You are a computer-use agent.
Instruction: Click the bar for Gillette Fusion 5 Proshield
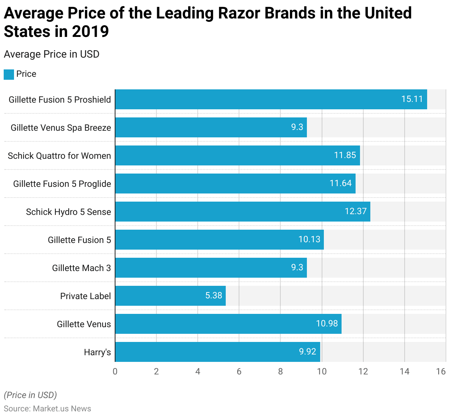click(271, 99)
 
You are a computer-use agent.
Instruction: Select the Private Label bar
click(170, 296)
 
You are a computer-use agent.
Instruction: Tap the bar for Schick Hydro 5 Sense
click(242, 212)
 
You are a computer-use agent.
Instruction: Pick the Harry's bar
click(217, 352)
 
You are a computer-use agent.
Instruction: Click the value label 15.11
click(412, 99)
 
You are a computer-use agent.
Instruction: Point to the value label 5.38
click(214, 296)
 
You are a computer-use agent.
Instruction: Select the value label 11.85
click(345, 155)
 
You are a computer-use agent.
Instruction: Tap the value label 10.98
click(327, 324)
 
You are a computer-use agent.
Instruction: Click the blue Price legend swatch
click(9, 74)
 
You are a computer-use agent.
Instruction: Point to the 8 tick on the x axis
click(280, 371)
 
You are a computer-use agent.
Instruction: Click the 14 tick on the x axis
click(405, 371)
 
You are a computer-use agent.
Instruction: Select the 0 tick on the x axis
click(115, 371)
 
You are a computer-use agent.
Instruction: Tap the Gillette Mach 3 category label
click(81, 268)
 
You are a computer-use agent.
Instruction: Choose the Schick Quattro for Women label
click(59, 156)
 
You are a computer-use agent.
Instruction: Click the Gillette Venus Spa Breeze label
click(61, 128)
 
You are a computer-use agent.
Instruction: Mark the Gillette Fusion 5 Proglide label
click(62, 184)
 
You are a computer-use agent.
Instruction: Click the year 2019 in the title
click(90, 32)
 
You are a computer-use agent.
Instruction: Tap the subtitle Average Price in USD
click(52, 54)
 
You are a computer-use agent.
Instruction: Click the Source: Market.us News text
click(47, 409)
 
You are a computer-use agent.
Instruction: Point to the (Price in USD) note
click(30, 395)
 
